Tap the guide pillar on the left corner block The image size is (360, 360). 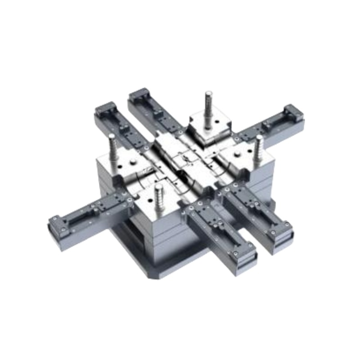[x=112, y=148]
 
